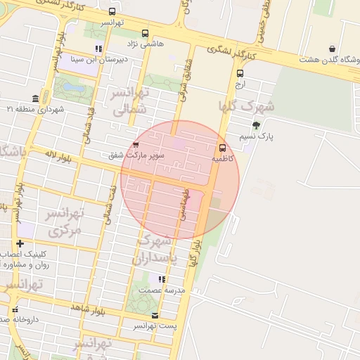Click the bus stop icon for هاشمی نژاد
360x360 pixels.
pos(145,33)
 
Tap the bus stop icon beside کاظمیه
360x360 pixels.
pos(223,148)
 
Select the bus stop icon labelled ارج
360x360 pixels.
pos(240,73)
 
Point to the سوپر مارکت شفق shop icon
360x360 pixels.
pos(136,144)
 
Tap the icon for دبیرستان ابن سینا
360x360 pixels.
pos(99,49)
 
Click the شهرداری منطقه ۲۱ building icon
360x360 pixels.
pos(35,98)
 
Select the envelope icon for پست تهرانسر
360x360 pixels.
pos(155,316)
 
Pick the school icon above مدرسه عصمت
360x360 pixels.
pos(162,279)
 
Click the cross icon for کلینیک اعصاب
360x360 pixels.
pos(20,243)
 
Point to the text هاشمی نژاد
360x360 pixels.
pos(152,44)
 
